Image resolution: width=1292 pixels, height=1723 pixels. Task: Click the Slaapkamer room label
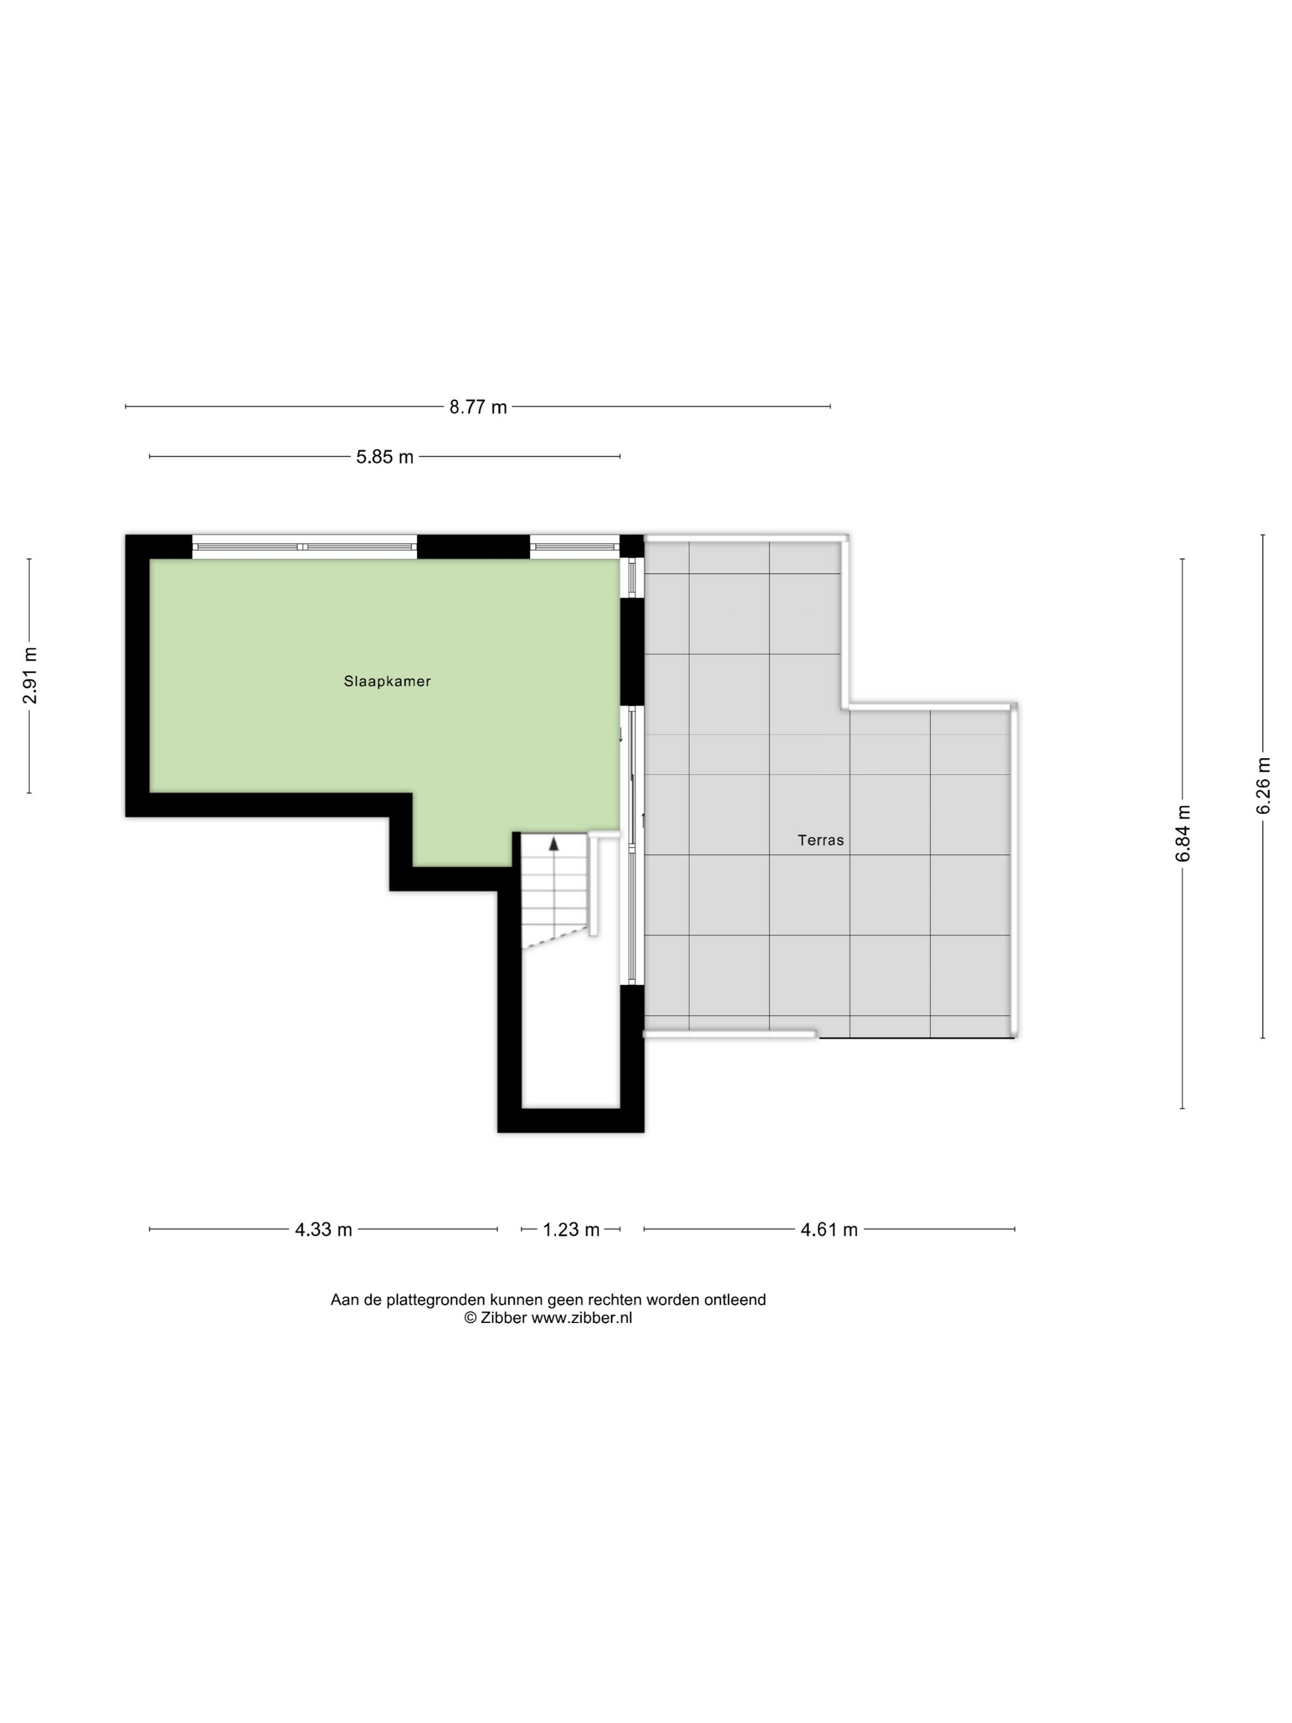coord(387,682)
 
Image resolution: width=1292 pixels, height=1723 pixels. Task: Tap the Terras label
coord(821,841)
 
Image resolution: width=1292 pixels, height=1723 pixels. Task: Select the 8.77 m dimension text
coord(477,407)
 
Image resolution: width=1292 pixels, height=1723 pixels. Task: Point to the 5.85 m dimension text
coord(385,457)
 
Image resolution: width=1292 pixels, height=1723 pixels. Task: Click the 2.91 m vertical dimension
coord(30,675)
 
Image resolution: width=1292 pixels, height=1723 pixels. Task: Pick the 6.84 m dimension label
coord(1183,833)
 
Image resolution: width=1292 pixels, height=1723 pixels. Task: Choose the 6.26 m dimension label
coord(1262,785)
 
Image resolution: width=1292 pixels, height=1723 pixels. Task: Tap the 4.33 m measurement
coord(323,1230)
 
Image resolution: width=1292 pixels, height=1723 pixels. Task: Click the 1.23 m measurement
coord(571,1230)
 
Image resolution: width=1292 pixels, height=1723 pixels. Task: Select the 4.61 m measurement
coord(829,1230)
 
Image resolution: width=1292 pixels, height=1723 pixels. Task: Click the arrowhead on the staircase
coord(554,843)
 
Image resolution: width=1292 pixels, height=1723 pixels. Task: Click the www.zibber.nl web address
coord(581,1318)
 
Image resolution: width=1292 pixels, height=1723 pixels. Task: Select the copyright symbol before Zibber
coord(469,1318)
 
